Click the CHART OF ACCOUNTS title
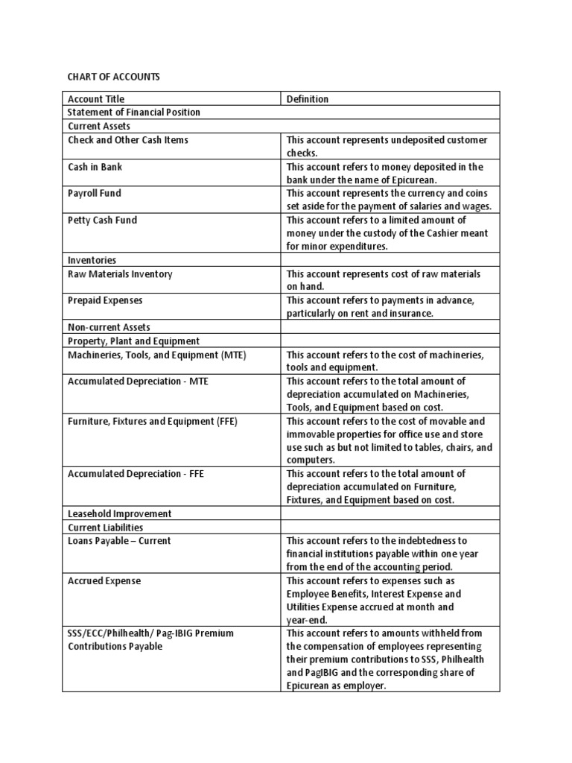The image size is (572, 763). click(114, 77)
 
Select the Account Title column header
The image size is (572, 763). click(96, 99)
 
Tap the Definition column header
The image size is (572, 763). click(308, 99)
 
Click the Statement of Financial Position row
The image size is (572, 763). click(134, 113)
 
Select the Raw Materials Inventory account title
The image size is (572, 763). click(120, 274)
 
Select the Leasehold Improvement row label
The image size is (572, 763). click(120, 514)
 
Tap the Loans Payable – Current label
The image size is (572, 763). click(119, 541)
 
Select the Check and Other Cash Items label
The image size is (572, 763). click(128, 140)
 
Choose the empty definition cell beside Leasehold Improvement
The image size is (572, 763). click(390, 514)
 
